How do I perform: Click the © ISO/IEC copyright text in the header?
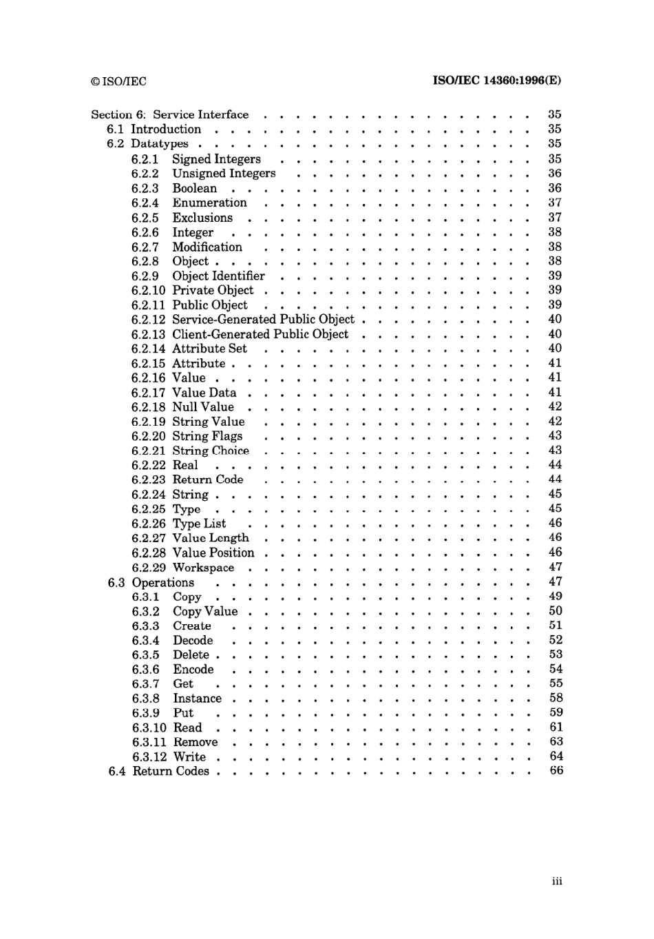coord(118,81)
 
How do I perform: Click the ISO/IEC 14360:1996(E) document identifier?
coord(496,80)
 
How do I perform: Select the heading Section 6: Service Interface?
coord(170,114)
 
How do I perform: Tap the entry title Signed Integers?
coord(216,159)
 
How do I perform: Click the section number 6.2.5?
coord(145,218)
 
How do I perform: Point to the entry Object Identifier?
coord(218,276)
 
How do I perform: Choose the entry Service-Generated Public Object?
coord(263,320)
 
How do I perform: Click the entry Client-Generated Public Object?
coord(260,334)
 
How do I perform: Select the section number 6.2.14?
coord(148,349)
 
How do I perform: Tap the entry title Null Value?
coord(203,407)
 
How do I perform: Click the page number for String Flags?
coord(555,435)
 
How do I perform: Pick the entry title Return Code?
coord(208,479)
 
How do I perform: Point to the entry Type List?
coord(199,524)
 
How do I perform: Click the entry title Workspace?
coord(203,568)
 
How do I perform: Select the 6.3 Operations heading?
coord(151,582)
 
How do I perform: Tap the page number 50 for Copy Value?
coord(556,610)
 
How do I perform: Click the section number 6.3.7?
coord(145,684)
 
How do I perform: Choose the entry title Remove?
coord(196,742)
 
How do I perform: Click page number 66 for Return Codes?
coord(556,770)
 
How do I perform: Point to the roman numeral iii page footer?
coord(557,881)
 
